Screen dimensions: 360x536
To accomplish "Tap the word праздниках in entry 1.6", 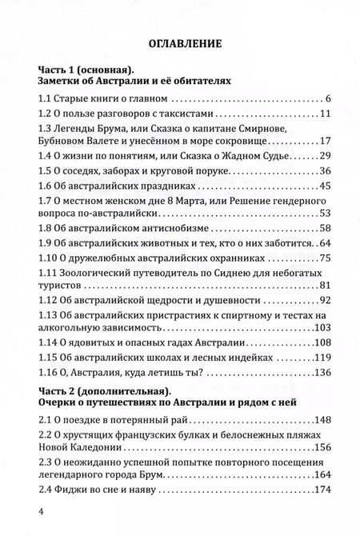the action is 164,187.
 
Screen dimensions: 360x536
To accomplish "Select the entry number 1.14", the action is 49,344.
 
